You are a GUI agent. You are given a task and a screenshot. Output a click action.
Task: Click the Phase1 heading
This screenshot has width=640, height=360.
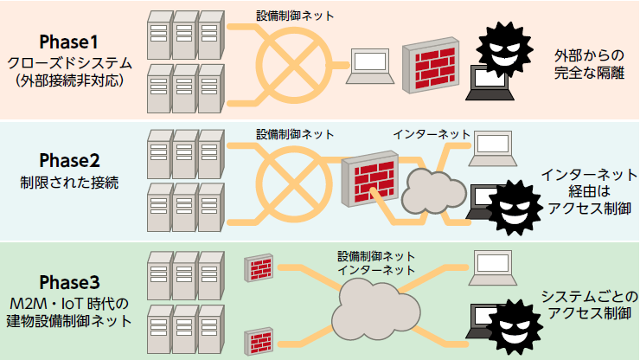[x=70, y=42]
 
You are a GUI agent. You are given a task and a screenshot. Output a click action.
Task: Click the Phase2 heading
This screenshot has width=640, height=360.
[x=70, y=161]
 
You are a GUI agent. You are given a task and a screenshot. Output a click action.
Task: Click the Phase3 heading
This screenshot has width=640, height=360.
[x=70, y=282]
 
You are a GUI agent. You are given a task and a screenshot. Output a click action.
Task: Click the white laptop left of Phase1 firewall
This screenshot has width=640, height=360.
[x=369, y=65]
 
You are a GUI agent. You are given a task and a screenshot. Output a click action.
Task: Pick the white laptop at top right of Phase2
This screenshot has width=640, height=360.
[x=492, y=146]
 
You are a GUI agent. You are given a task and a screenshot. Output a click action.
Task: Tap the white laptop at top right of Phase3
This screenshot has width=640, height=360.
[x=496, y=265]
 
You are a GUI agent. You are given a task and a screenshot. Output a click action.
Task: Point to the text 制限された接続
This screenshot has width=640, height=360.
[x=70, y=184]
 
